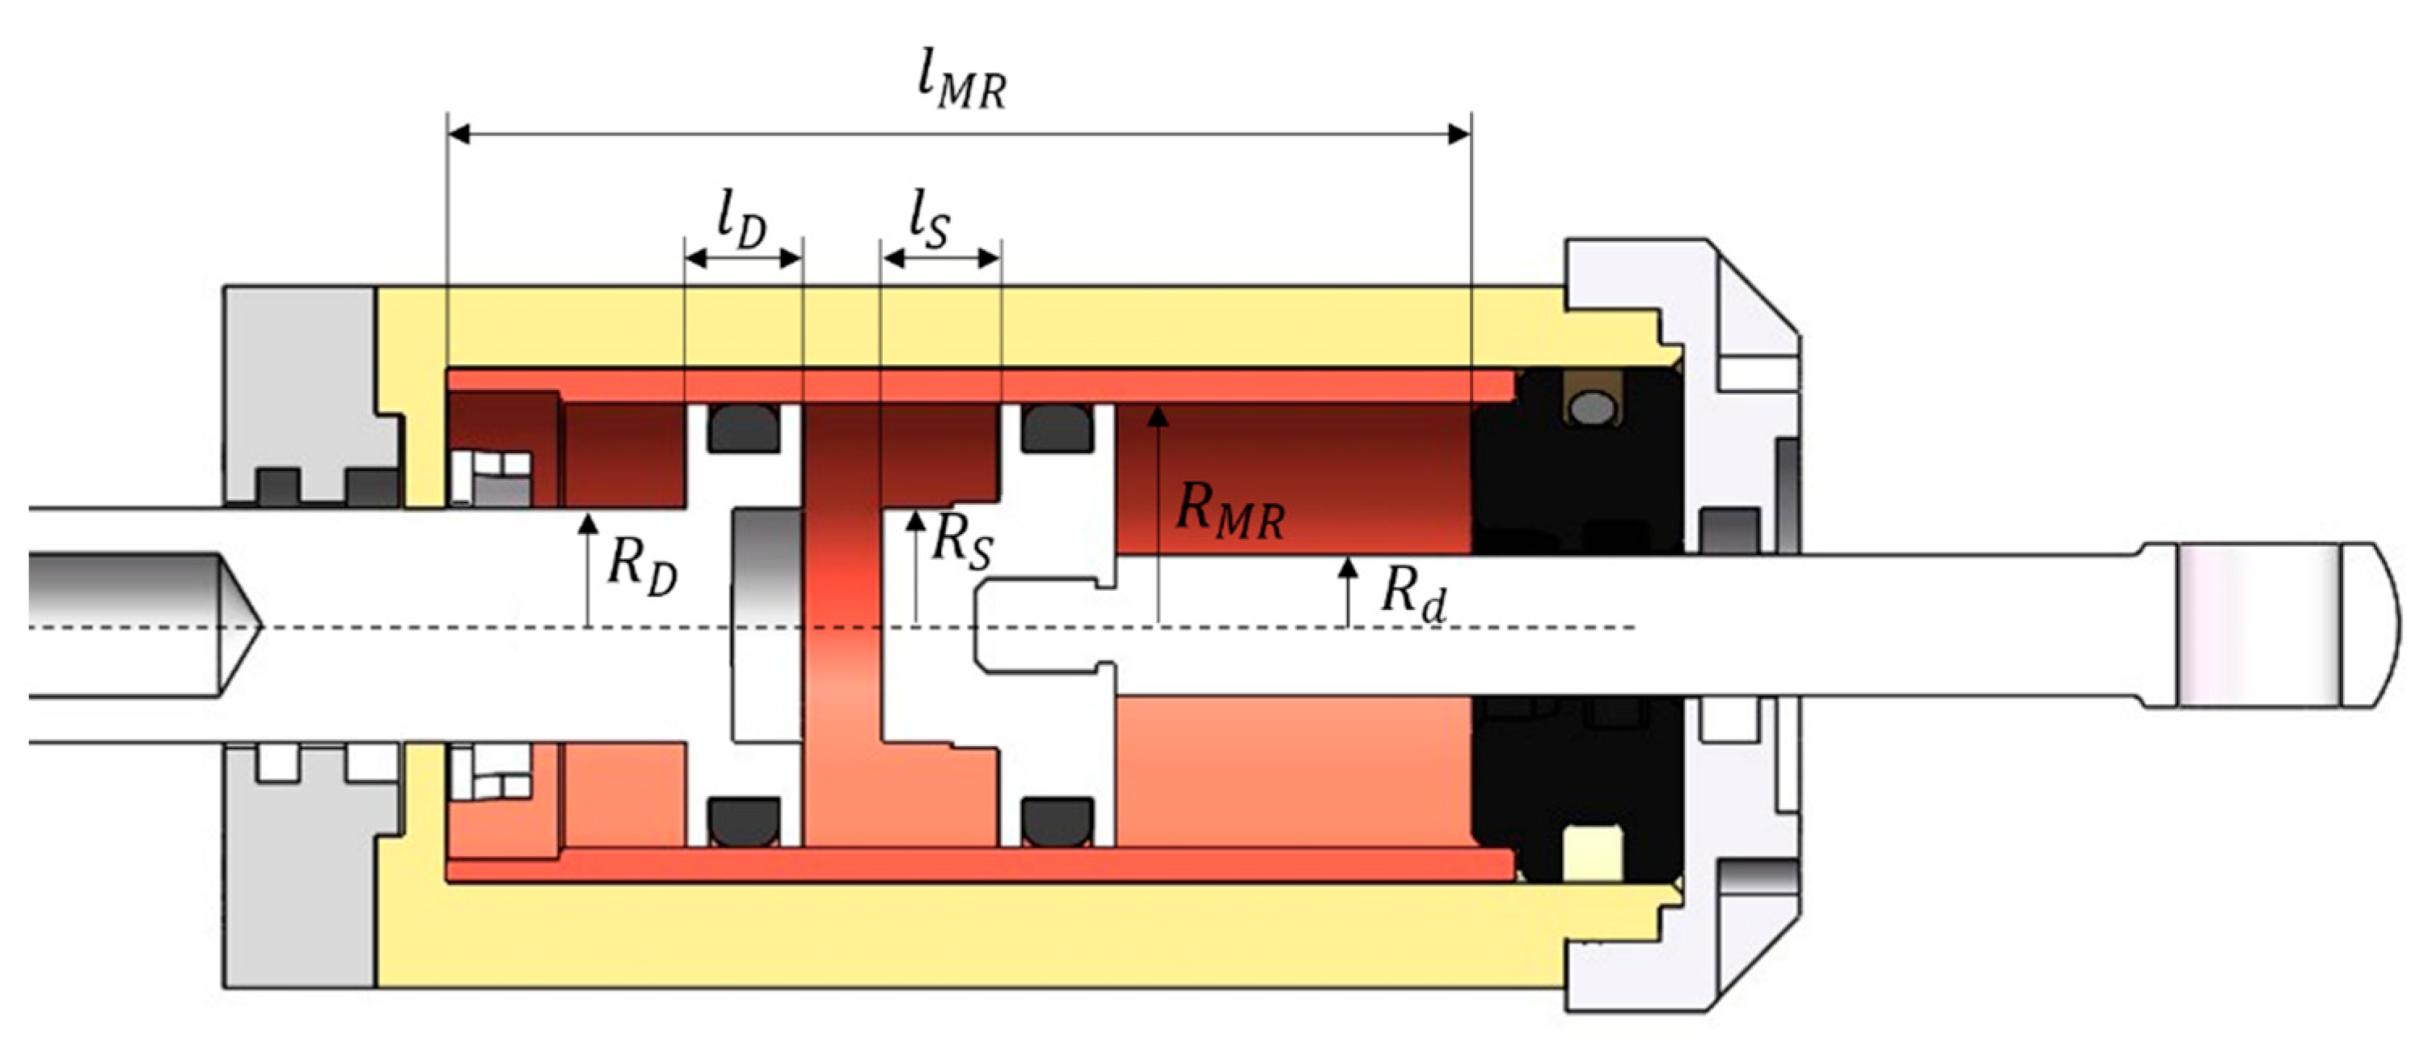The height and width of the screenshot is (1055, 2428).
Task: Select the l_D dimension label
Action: point(741,223)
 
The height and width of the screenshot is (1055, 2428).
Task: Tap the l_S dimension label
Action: point(929,222)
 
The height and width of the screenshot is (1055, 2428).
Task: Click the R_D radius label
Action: point(642,568)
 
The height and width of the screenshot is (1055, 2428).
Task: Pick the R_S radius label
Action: point(961,543)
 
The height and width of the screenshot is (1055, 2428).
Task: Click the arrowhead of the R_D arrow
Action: point(587,520)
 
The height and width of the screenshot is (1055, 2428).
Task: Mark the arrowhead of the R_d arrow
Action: point(1349,566)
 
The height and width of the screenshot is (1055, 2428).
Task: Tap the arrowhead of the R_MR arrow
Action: point(1159,415)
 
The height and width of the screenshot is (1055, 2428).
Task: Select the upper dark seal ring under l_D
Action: point(744,429)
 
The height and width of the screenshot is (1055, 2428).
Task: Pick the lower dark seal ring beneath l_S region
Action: point(1058,822)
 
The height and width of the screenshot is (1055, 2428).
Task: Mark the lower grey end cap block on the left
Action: point(302,877)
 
